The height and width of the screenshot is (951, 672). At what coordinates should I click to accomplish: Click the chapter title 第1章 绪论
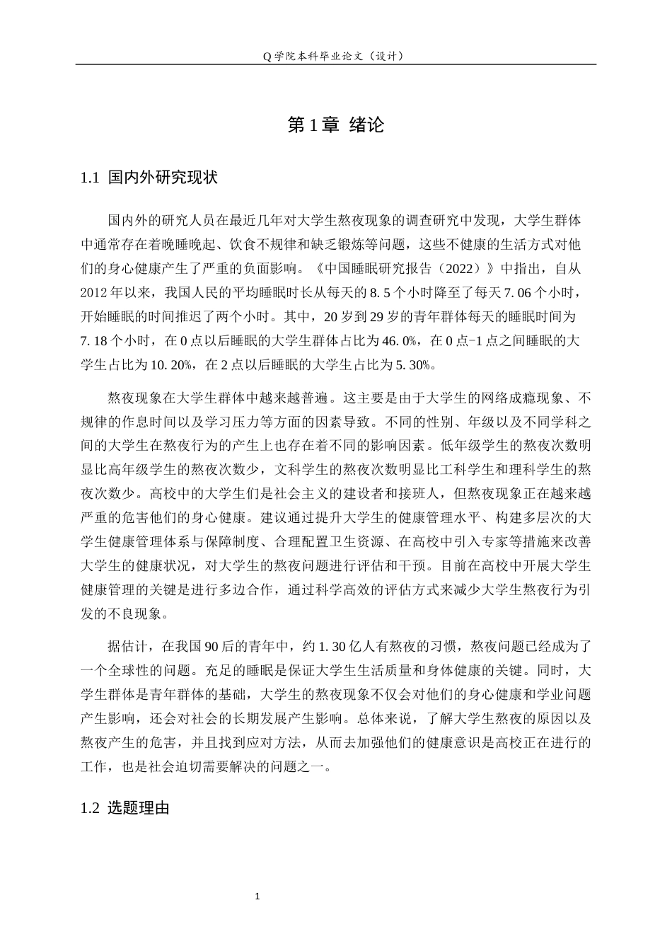pyautogui.click(x=335, y=125)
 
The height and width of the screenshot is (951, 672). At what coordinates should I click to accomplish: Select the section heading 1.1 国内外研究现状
pyautogui.click(x=149, y=178)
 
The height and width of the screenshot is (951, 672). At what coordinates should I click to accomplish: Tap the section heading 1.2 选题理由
pyautogui.click(x=125, y=808)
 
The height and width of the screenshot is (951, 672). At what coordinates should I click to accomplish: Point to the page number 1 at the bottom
pyautogui.click(x=257, y=897)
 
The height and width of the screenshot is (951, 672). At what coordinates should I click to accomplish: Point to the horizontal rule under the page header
pyautogui.click(x=335, y=65)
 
